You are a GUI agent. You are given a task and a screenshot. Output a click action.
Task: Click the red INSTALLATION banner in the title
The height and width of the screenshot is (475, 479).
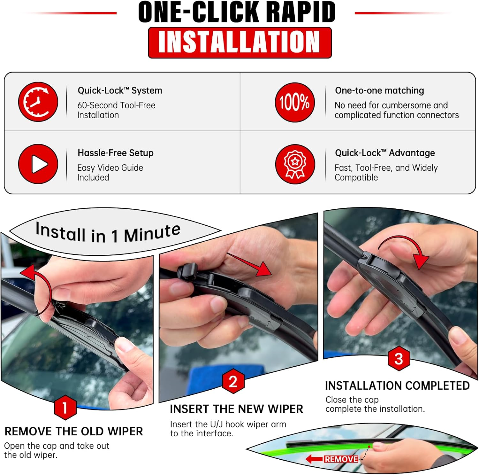point(240,43)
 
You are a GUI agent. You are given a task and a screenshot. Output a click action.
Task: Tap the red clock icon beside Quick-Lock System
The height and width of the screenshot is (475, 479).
point(38,102)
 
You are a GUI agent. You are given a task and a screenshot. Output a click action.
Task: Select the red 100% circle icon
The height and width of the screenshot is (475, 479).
point(295,102)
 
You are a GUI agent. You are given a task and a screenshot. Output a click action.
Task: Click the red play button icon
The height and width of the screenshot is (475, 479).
point(38,164)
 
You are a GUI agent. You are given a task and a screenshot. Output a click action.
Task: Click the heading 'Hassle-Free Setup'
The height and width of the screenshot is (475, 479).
point(116,153)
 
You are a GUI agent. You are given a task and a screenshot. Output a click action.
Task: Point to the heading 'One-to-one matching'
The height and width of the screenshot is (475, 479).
point(379,91)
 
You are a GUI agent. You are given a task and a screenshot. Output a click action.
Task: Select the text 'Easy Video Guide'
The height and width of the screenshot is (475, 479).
point(110,168)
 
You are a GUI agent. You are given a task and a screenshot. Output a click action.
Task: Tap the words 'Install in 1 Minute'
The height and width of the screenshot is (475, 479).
point(108,233)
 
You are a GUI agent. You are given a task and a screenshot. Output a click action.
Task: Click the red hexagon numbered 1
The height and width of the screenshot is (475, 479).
point(65,408)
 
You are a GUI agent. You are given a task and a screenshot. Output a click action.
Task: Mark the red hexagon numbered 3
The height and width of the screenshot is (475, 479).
point(399,359)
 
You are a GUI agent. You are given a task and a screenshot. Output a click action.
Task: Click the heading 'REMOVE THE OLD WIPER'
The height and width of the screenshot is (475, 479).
point(74,432)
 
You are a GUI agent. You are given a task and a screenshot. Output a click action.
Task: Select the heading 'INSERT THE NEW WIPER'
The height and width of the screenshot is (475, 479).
point(236,409)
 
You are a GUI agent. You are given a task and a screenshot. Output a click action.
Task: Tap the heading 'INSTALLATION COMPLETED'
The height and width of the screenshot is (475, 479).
point(397,386)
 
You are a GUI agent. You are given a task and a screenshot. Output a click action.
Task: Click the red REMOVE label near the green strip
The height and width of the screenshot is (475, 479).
point(341,459)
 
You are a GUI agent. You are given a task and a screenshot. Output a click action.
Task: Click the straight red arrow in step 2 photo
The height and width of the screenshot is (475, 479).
point(251,264)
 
